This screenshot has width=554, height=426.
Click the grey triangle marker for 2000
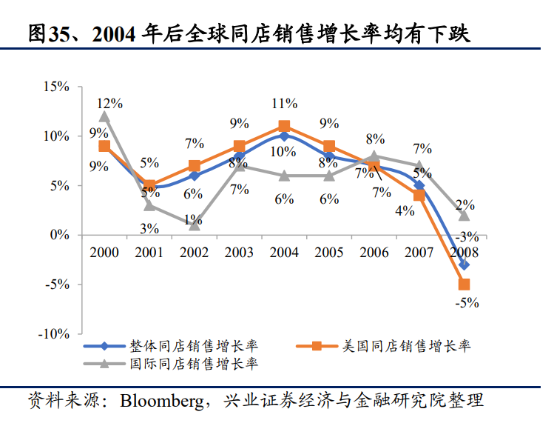click(x=104, y=116)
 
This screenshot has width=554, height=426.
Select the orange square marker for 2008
click(x=465, y=284)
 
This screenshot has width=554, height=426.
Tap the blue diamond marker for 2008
click(x=465, y=264)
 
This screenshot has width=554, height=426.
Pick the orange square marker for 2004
click(x=284, y=127)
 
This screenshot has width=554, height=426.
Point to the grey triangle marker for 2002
click(x=194, y=224)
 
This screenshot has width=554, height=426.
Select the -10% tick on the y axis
click(x=54, y=334)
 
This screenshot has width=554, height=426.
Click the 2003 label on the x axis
click(x=239, y=253)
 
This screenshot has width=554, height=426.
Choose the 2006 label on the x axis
click(x=374, y=253)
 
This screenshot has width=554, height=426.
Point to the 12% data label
click(x=111, y=103)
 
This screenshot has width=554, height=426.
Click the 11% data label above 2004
click(x=284, y=103)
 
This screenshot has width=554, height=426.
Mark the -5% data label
click(x=467, y=302)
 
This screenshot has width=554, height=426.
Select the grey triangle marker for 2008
click(x=465, y=215)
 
